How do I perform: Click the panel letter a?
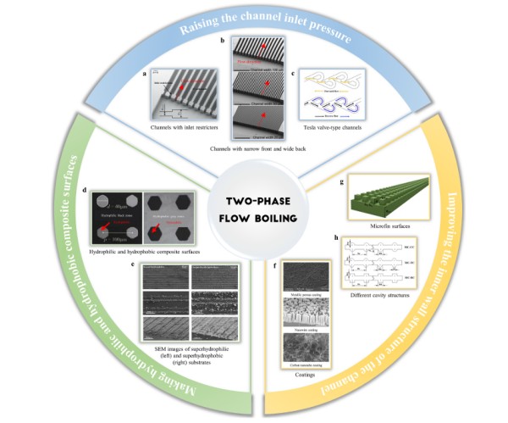(x=146, y=73)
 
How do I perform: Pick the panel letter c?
(x=292, y=73)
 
